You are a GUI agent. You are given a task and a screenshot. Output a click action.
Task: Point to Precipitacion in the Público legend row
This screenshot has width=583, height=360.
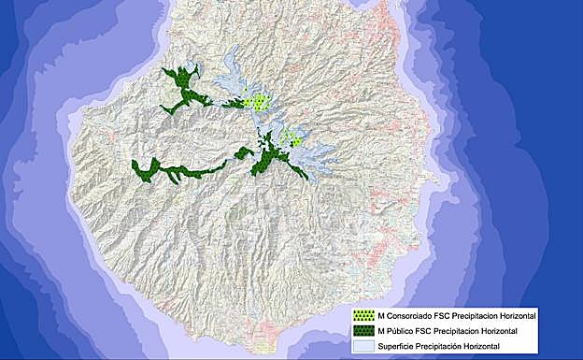click(462, 331)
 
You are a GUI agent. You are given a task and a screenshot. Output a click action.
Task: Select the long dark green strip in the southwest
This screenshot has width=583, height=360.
click(178, 171)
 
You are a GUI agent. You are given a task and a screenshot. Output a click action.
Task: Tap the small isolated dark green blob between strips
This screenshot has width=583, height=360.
click(244, 152)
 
